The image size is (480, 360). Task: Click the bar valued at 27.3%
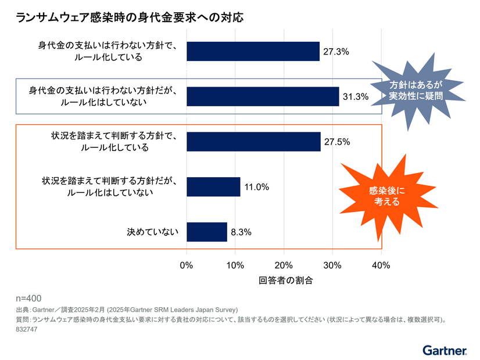[x=253, y=51]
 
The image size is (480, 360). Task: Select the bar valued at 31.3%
[x=263, y=96]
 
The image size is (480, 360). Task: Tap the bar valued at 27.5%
[x=253, y=142]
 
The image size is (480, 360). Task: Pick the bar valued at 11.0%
[x=213, y=187]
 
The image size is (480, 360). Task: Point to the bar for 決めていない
[x=207, y=232]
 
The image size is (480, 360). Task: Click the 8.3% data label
[x=241, y=232]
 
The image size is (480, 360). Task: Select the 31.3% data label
[x=355, y=97]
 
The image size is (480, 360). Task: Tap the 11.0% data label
[x=256, y=187]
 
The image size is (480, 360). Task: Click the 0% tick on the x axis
[x=187, y=265]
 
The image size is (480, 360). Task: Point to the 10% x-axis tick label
[x=235, y=265]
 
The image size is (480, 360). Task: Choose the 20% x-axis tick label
[x=284, y=265]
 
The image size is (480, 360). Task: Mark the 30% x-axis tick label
[x=332, y=265]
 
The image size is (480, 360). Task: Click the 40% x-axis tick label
[x=381, y=265]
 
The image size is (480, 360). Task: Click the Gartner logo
[x=445, y=350]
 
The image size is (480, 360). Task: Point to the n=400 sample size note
[x=28, y=298]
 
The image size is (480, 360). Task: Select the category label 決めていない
[x=153, y=232]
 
